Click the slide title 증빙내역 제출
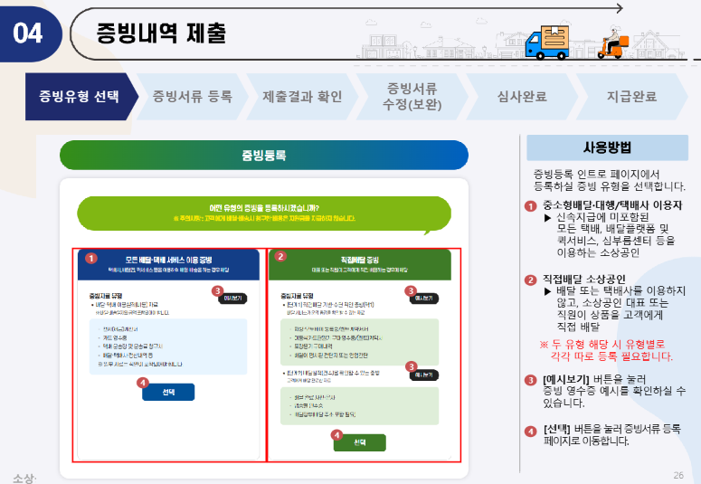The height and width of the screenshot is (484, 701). click(x=161, y=33)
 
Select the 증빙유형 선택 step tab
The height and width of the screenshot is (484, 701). click(x=79, y=96)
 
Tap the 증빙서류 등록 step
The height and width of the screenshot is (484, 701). click(x=192, y=96)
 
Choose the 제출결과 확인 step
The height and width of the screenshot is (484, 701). click(x=302, y=96)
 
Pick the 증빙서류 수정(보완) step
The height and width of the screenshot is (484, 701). click(x=412, y=96)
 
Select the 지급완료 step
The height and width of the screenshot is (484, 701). click(x=630, y=96)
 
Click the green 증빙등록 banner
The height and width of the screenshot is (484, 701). click(x=263, y=156)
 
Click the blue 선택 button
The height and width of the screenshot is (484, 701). click(x=169, y=392)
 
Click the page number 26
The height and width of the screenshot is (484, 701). click(x=678, y=475)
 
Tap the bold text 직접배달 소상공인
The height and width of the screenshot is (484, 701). click(x=587, y=279)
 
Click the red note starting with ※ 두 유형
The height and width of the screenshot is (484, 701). click(x=606, y=349)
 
